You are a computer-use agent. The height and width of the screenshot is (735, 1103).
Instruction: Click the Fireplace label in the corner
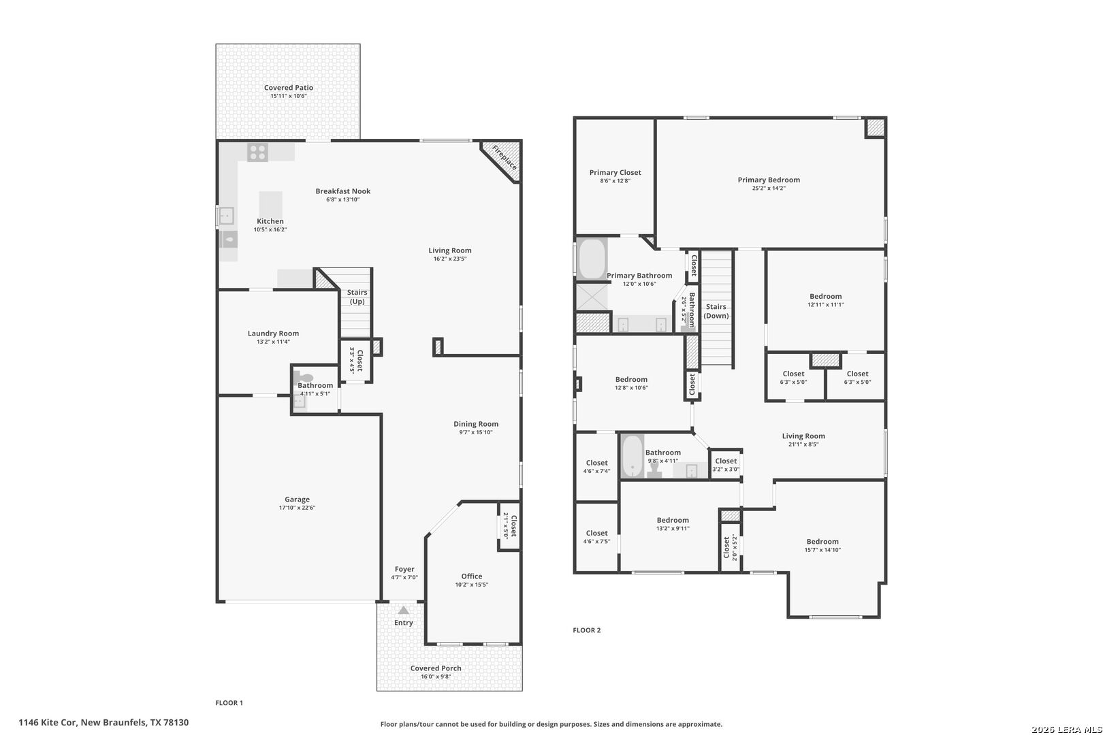(505, 157)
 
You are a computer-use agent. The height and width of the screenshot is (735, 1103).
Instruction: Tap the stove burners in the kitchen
(257, 152)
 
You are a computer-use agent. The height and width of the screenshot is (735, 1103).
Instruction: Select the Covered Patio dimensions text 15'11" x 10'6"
(289, 96)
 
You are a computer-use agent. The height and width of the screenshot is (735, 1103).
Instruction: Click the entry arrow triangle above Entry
(403, 610)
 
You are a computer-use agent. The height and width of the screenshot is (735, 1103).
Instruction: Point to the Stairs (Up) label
(357, 297)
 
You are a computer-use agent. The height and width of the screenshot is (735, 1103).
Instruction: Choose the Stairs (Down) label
(716, 311)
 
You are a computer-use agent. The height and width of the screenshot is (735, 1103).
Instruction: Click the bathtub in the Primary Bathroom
(592, 259)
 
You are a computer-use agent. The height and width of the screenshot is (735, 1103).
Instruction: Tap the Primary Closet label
(615, 172)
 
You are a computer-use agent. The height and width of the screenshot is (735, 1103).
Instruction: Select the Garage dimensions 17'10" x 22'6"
(297, 508)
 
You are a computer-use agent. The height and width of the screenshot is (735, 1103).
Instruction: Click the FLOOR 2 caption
(586, 630)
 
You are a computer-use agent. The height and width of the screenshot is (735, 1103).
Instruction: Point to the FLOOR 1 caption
(229, 703)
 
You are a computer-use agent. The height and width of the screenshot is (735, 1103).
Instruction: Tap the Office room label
(472, 576)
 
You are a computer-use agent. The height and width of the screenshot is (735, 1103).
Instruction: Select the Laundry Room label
(273, 333)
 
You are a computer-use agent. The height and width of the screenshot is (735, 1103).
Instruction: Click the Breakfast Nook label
(342, 191)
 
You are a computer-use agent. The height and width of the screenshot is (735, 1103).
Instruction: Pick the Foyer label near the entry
(404, 569)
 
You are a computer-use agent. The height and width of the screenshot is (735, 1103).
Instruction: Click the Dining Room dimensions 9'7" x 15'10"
(476, 432)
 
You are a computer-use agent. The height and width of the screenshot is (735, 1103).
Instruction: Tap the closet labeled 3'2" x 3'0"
(726, 465)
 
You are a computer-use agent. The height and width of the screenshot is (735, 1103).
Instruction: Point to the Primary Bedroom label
(769, 180)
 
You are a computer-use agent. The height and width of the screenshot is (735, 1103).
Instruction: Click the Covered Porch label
(436, 668)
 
